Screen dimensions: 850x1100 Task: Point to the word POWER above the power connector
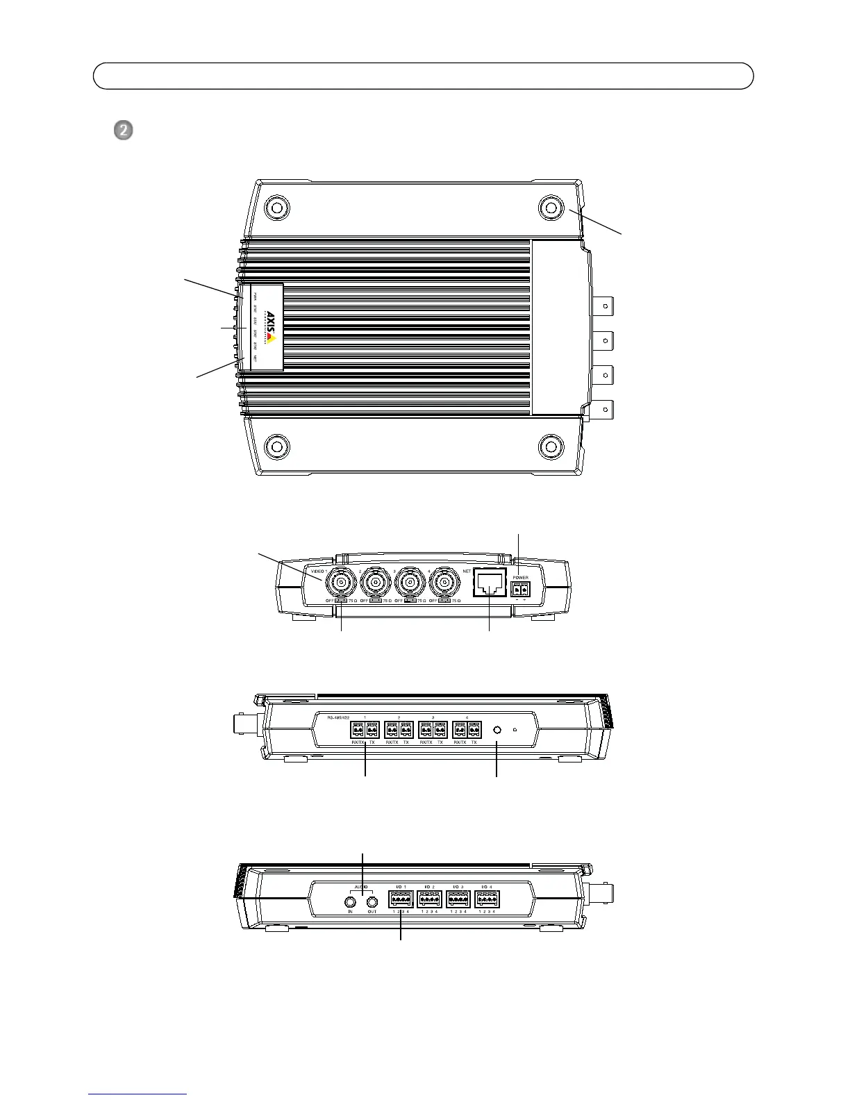[520, 577]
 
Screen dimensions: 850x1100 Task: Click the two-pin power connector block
[519, 589]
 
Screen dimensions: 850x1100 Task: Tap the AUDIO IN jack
[351, 901]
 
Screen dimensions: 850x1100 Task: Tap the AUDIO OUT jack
[372, 901]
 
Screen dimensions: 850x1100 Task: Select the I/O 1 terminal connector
[401, 900]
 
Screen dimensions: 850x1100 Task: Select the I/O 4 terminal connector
[487, 900]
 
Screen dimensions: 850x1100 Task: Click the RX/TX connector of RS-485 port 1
[358, 731]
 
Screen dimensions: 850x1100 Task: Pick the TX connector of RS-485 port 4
[474, 731]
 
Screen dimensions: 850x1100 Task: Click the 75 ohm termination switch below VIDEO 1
[340, 601]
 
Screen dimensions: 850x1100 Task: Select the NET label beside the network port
[467, 570]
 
